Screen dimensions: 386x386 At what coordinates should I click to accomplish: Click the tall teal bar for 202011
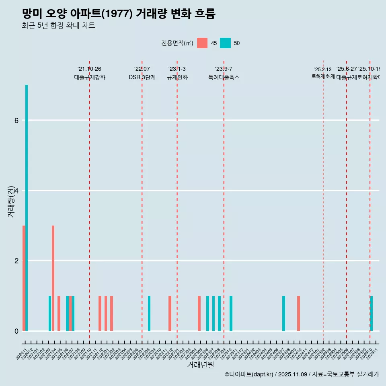27,207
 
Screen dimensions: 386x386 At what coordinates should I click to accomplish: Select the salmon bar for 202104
53,278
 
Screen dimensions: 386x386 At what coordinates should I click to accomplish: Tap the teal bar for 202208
149,313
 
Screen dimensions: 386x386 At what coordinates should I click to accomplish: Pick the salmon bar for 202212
170,313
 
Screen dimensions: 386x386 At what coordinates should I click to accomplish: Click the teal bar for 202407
283,313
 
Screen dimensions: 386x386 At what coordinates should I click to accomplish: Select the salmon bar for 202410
298,313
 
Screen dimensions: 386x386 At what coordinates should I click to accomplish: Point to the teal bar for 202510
372,313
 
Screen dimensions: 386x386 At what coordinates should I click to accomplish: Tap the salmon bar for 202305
199,313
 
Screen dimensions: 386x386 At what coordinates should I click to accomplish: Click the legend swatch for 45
202,43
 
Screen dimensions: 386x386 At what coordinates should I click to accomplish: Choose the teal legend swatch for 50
225,43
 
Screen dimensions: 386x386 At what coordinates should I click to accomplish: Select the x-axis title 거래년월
200,365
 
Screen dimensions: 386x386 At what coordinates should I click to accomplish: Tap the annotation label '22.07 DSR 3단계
142,73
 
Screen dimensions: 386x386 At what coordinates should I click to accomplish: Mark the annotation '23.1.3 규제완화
177,73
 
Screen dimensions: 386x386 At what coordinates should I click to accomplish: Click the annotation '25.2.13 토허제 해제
323,73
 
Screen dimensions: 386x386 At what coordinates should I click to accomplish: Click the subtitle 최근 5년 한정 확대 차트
58,26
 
